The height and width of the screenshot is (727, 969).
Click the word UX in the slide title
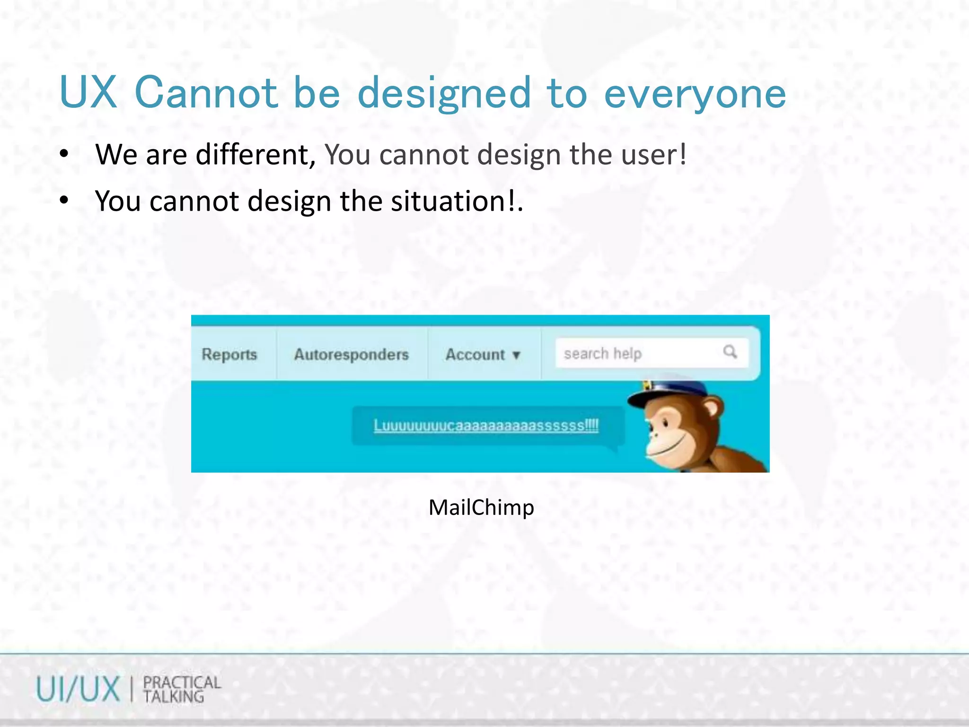[x=88, y=92]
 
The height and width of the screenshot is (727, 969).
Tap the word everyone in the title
[x=695, y=93]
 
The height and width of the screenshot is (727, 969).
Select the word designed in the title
[x=444, y=93]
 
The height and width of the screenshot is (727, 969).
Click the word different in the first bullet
[x=255, y=155]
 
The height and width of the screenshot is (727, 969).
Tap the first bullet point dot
[x=64, y=154]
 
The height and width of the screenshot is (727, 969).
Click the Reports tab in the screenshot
[x=229, y=355]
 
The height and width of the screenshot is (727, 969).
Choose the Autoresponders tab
[x=351, y=355]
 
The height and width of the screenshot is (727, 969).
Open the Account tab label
[x=475, y=355]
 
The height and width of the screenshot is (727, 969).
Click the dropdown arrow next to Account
[x=516, y=355]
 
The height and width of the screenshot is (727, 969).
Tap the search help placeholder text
[x=602, y=354]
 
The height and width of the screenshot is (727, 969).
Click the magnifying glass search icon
[x=730, y=352]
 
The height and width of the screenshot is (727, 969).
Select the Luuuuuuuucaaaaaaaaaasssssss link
[x=486, y=426]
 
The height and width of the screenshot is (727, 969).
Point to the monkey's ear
[x=712, y=408]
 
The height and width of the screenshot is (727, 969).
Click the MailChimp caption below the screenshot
[x=481, y=507]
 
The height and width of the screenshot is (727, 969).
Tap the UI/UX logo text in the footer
[x=78, y=689]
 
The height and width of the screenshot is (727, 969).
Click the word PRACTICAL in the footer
[x=182, y=683]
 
